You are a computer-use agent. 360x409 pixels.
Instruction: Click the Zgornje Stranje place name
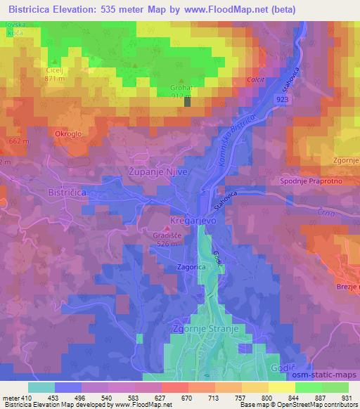[202, 328]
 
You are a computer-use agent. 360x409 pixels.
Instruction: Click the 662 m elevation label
[19, 141]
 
